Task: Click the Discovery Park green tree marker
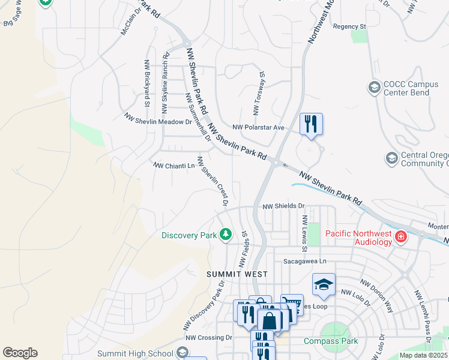click(x=226, y=235)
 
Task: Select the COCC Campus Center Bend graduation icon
click(x=375, y=88)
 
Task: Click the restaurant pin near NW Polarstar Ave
click(x=310, y=124)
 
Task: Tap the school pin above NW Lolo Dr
click(x=324, y=284)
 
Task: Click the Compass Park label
click(x=330, y=341)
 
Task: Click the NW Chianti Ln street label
click(x=174, y=165)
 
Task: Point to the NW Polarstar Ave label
click(x=258, y=128)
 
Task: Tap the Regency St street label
click(x=349, y=26)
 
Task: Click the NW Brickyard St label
click(x=146, y=83)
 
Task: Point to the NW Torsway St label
click(x=259, y=93)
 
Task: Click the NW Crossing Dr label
click(x=208, y=338)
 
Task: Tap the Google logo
click(x=20, y=353)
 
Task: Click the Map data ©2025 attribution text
click(x=423, y=355)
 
